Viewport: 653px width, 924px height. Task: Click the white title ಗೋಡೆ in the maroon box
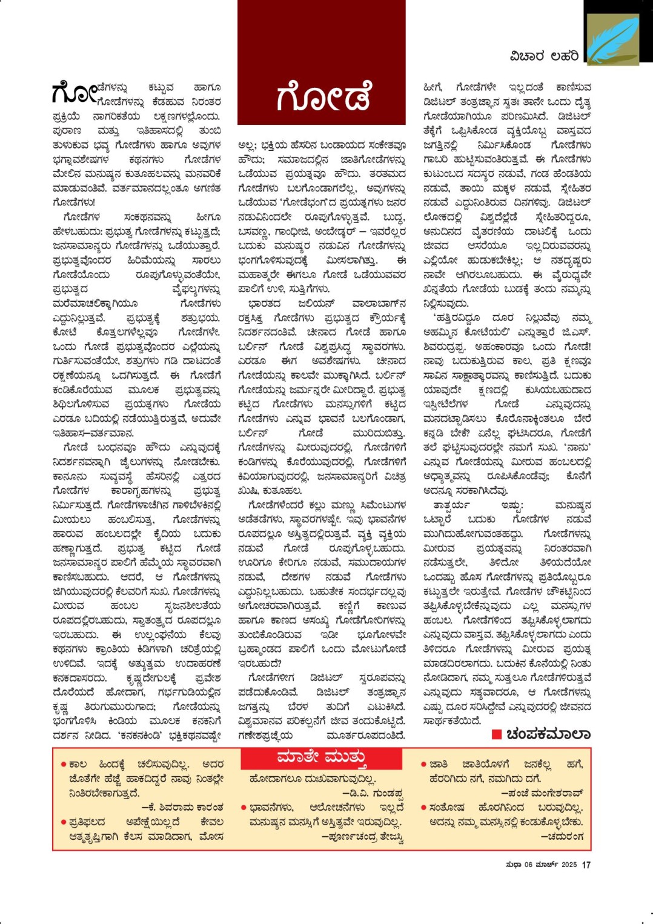(x=323, y=97)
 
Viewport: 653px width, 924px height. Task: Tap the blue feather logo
(x=612, y=39)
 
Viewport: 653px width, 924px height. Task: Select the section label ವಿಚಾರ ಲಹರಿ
(x=544, y=56)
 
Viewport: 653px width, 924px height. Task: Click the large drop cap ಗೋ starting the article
(x=74, y=93)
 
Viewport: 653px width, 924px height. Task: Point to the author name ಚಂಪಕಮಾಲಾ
(x=548, y=734)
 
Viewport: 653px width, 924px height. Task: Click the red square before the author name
(x=496, y=734)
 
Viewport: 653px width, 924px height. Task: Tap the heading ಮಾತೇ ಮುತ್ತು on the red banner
(x=321, y=757)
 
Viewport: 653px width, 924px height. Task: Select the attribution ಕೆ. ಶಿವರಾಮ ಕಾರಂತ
(x=182, y=807)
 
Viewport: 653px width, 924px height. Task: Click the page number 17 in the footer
(x=586, y=865)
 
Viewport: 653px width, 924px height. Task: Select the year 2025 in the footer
(x=569, y=865)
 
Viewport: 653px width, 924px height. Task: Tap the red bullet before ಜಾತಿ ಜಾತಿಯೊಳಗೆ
(x=423, y=765)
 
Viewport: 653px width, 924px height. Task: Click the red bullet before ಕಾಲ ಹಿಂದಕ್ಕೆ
(x=63, y=765)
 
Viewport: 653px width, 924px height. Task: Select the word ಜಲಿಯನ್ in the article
(x=316, y=304)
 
